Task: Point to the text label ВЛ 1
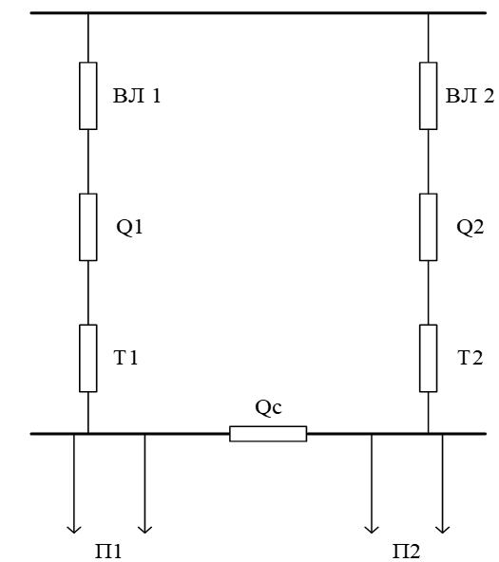tap(137, 96)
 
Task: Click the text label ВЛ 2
tap(470, 96)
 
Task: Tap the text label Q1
tap(129, 227)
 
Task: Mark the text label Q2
tap(470, 227)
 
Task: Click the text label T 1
tap(125, 358)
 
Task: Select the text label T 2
tap(470, 358)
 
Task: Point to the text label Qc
tap(268, 407)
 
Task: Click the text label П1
tap(108, 551)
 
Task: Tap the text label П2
tap(406, 551)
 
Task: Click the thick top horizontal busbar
tap(259, 13)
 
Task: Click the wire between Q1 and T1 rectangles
tap(87, 292)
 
